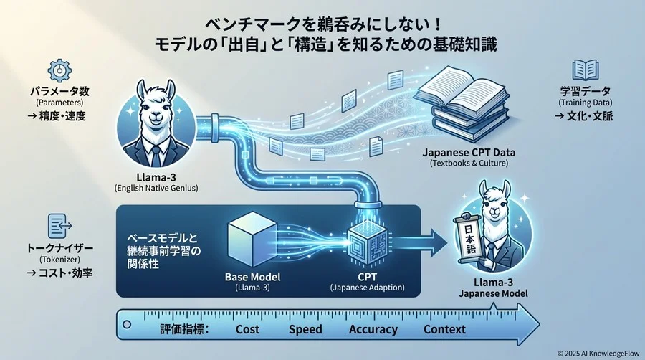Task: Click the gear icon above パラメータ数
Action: pyautogui.click(x=59, y=70)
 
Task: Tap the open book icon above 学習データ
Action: pyautogui.click(x=585, y=70)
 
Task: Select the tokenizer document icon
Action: pyautogui.click(x=59, y=227)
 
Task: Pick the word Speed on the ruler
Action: pyautogui.click(x=306, y=330)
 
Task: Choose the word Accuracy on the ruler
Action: pyautogui.click(x=373, y=330)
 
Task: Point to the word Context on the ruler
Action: pyautogui.click(x=444, y=330)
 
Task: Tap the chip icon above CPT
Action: pyautogui.click(x=368, y=240)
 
